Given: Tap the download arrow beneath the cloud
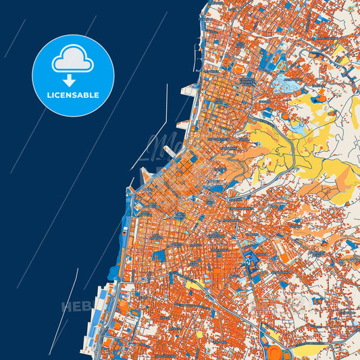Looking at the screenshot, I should tap(73, 80).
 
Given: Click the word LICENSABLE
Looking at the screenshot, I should tap(73, 95).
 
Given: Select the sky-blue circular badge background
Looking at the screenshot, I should tap(47, 74).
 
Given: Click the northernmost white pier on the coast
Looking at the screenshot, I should tap(188, 89).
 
